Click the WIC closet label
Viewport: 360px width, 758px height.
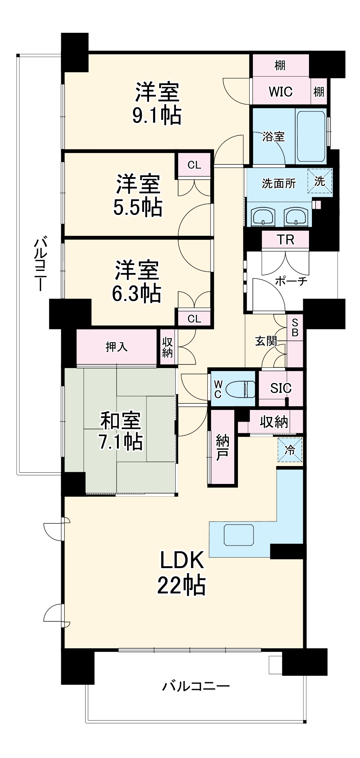pyautogui.click(x=280, y=91)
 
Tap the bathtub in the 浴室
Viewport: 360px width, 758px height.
pyautogui.click(x=311, y=136)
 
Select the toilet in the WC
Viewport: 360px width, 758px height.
pyautogui.click(x=241, y=388)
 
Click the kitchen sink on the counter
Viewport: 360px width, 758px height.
pyautogui.click(x=239, y=535)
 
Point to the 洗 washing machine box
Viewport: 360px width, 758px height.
pyautogui.click(x=320, y=181)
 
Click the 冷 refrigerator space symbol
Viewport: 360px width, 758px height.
pyautogui.click(x=290, y=450)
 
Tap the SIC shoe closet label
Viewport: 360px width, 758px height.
pyautogui.click(x=281, y=388)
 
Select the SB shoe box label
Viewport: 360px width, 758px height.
pyautogui.click(x=295, y=327)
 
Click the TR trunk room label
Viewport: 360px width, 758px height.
pyautogui.click(x=285, y=240)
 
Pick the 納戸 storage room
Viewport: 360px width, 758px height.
pyautogui.click(x=222, y=448)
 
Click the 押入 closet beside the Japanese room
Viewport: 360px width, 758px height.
pyautogui.click(x=116, y=347)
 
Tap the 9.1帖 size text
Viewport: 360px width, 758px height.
pyautogui.click(x=157, y=116)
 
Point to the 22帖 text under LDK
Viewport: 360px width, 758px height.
pyautogui.click(x=181, y=585)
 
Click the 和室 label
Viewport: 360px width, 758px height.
pyautogui.click(x=121, y=420)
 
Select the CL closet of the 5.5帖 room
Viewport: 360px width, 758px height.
pyautogui.click(x=194, y=165)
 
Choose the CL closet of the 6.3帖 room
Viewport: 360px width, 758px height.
pyautogui.click(x=194, y=319)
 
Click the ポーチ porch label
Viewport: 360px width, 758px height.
pyautogui.click(x=291, y=281)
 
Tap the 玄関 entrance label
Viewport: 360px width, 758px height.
pyautogui.click(x=266, y=341)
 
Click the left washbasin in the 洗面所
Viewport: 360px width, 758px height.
pyautogui.click(x=263, y=217)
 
